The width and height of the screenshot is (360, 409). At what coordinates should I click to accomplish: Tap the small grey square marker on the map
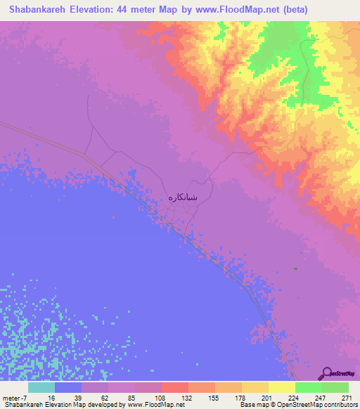296,268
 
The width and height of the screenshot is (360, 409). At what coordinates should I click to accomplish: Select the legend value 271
347,398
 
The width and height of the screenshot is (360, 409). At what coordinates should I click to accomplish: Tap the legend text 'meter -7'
16,398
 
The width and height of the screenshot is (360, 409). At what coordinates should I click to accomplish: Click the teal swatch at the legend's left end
42,387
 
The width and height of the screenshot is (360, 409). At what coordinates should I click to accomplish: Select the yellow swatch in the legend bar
282,387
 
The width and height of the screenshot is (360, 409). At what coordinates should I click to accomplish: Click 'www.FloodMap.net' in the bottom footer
152,405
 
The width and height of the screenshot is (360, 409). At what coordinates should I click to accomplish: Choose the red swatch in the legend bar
175,387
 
